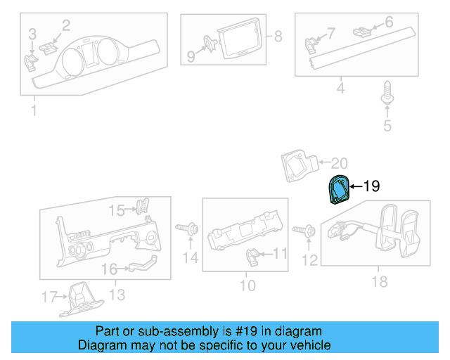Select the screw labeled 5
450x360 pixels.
click(x=387, y=96)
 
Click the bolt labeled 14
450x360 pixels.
click(x=188, y=229)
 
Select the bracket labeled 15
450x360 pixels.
click(x=143, y=208)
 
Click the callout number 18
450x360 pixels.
click(x=380, y=282)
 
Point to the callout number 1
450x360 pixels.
click(x=32, y=111)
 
